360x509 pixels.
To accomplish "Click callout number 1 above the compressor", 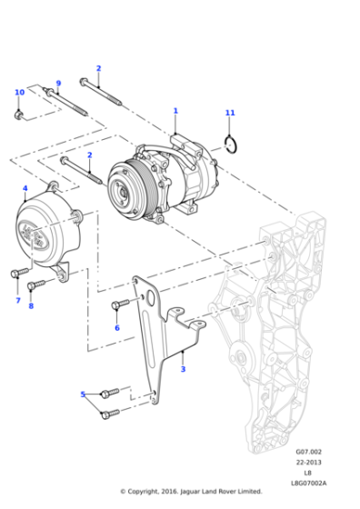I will (x=175, y=111).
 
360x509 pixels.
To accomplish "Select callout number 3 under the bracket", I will (x=183, y=369).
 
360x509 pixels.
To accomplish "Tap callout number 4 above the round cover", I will (x=25, y=188).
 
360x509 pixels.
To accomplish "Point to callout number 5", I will (x=83, y=394).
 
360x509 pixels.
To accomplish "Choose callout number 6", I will (x=116, y=327).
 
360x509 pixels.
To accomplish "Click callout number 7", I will (x=17, y=300).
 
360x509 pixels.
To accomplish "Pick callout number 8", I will (x=30, y=305).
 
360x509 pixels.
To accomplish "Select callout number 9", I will (x=57, y=83).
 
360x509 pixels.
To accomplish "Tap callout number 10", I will (x=18, y=93).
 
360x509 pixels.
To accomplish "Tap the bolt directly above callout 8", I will (x=36, y=285).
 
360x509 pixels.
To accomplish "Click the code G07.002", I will (x=309, y=450).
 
